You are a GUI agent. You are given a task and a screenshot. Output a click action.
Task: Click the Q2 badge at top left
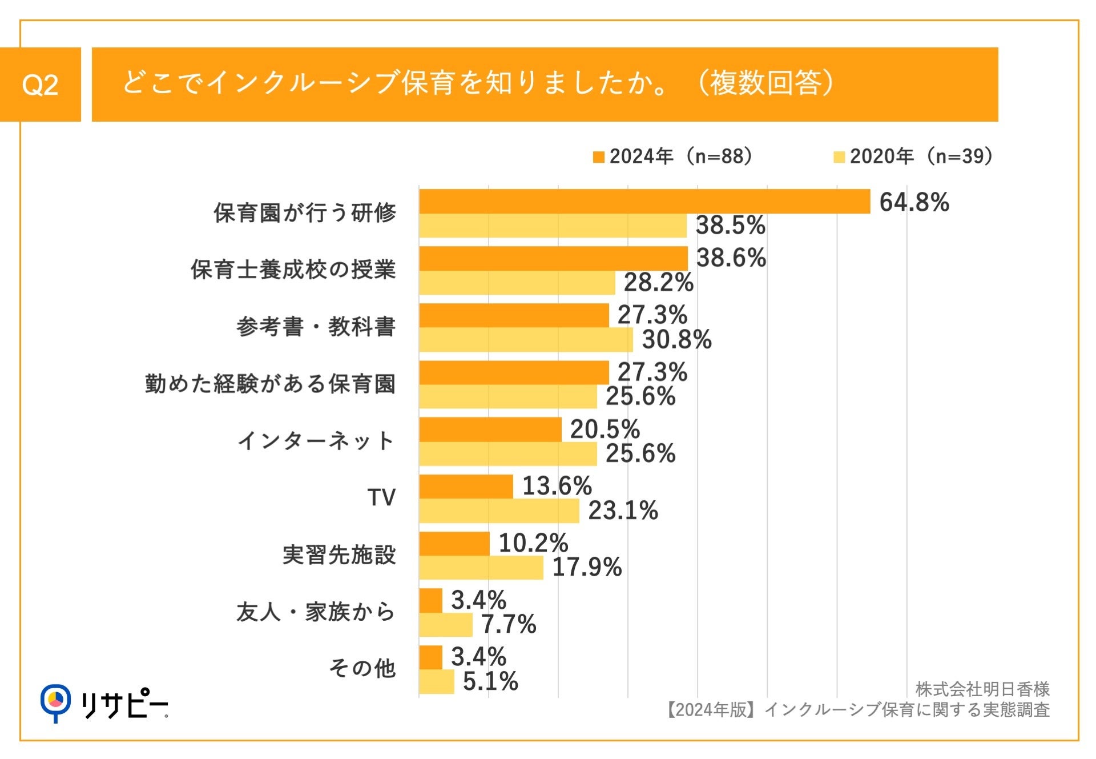(x=40, y=85)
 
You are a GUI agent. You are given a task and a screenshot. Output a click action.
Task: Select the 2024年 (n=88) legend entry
(x=674, y=156)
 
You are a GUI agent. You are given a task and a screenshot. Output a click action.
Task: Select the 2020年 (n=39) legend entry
(x=914, y=156)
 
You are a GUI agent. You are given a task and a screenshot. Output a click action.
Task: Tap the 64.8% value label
(x=914, y=202)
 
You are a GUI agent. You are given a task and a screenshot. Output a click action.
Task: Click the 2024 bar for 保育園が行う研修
(x=644, y=202)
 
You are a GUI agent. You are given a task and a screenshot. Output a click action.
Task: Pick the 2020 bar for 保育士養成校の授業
(x=517, y=283)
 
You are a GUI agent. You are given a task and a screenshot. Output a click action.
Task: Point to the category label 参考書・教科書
(x=316, y=327)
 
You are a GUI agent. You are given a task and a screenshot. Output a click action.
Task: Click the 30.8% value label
(x=676, y=340)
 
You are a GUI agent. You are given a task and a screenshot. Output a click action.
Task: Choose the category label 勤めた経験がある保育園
(x=270, y=384)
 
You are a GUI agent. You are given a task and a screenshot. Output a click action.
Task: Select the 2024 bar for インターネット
(x=490, y=429)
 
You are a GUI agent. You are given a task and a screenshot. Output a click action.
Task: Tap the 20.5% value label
(x=605, y=429)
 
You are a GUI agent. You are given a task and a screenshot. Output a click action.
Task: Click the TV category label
(x=381, y=497)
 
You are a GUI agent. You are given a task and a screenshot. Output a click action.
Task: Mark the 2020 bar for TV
(x=499, y=511)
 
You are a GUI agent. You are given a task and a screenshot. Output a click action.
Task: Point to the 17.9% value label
(x=587, y=568)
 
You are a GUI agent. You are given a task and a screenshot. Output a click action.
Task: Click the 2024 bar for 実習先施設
(x=454, y=544)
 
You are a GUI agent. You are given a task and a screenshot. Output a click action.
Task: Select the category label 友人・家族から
(x=316, y=612)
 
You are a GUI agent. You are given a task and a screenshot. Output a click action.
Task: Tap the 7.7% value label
(x=509, y=624)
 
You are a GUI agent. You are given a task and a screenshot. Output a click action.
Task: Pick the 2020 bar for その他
(x=437, y=681)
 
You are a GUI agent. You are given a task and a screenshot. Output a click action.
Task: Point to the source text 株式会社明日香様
(x=982, y=689)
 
